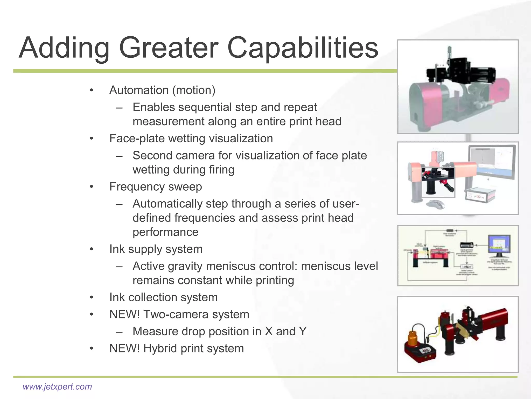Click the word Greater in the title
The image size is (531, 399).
tap(169, 48)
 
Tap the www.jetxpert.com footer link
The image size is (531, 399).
tap(57, 387)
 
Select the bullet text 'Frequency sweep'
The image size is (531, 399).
tap(156, 187)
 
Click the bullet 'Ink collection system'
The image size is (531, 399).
tap(163, 297)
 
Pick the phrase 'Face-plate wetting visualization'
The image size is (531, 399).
tap(191, 138)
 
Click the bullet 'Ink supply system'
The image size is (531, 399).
tap(156, 249)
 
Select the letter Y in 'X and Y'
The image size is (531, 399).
tap(303, 331)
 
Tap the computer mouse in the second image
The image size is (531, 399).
tap(435, 204)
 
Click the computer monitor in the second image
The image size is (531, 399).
tap(492, 162)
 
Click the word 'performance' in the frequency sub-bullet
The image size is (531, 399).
tap(165, 232)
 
